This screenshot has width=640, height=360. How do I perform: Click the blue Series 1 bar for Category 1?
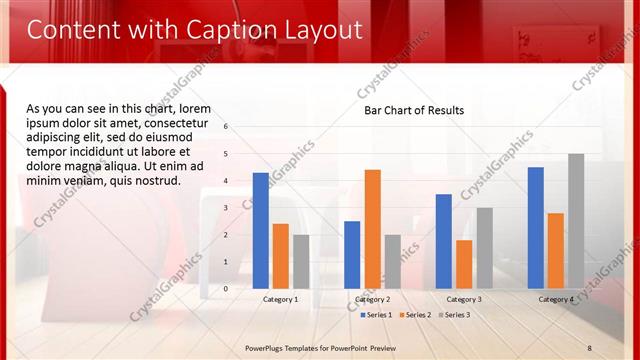261,231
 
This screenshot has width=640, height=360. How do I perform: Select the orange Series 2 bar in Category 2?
372,229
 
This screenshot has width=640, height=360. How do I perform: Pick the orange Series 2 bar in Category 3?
464,264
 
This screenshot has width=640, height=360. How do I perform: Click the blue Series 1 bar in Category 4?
536,228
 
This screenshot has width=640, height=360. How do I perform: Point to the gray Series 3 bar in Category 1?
301,262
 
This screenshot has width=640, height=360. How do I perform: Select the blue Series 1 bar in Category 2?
352,255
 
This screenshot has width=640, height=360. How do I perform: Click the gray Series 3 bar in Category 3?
484,248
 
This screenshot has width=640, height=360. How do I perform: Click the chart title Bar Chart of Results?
413,110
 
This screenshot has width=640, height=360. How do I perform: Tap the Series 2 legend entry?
415,315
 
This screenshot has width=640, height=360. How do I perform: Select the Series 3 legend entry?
454,315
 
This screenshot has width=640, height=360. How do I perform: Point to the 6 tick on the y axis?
226,127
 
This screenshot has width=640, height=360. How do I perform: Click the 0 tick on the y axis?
226,289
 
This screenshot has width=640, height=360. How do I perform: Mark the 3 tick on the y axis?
226,208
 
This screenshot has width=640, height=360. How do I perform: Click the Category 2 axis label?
372,299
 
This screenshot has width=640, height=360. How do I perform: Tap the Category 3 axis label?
464,299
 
